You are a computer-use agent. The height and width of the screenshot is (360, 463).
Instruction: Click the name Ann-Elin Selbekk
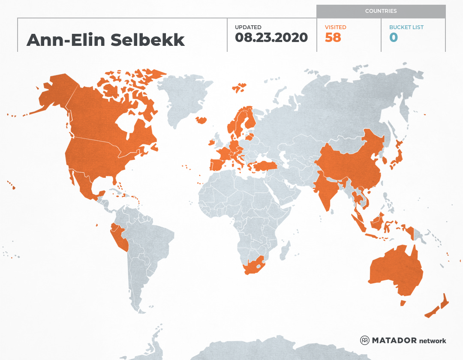click(x=105, y=40)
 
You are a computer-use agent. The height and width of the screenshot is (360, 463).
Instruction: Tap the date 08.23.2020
click(x=271, y=38)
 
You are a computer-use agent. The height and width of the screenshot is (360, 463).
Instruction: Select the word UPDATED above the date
click(x=248, y=27)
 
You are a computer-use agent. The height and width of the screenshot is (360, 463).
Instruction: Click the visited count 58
click(x=333, y=38)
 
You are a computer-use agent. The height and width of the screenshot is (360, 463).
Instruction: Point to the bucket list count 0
click(x=393, y=38)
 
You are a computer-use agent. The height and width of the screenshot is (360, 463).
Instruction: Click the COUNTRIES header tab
click(x=381, y=11)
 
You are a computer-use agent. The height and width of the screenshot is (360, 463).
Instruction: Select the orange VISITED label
click(x=335, y=27)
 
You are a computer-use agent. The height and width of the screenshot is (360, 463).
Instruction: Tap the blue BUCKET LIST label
click(x=406, y=27)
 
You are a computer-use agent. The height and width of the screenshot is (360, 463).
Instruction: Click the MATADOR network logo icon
click(x=365, y=340)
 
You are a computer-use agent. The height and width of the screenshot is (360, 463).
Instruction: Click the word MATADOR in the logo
click(x=394, y=341)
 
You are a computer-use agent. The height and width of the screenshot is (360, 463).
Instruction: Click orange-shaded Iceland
click(x=201, y=120)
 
